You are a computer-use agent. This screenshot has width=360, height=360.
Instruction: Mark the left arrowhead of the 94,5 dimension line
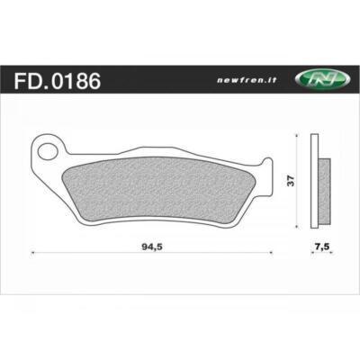pos(34,256)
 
